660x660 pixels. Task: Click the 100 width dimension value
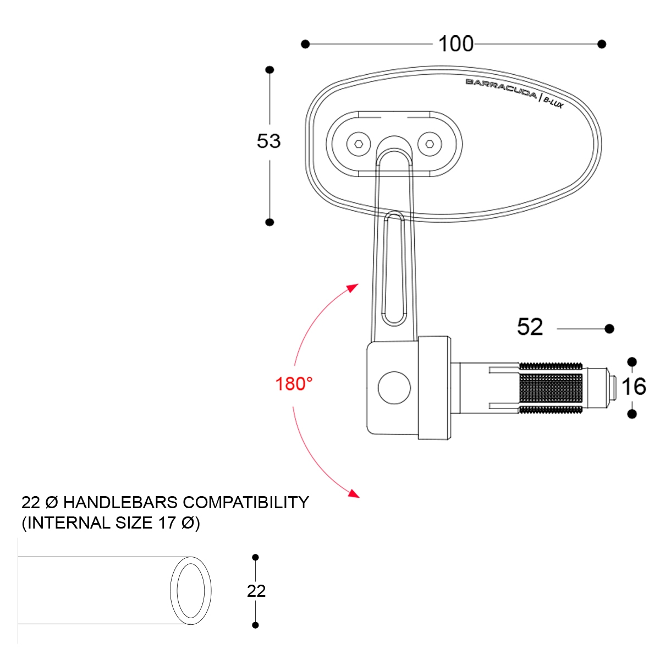click(455, 44)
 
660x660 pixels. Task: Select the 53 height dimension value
click(268, 141)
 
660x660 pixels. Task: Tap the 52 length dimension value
click(530, 327)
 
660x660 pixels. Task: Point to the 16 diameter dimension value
click(634, 387)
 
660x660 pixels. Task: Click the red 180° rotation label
click(294, 383)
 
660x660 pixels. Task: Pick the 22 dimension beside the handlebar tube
click(256, 591)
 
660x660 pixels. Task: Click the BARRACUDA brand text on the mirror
click(501, 88)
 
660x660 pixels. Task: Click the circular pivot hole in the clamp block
click(394, 387)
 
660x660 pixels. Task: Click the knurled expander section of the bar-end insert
click(550, 388)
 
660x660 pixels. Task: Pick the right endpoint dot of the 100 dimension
click(602, 44)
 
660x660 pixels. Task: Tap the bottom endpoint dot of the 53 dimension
click(269, 222)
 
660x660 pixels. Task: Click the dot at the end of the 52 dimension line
click(609, 328)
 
